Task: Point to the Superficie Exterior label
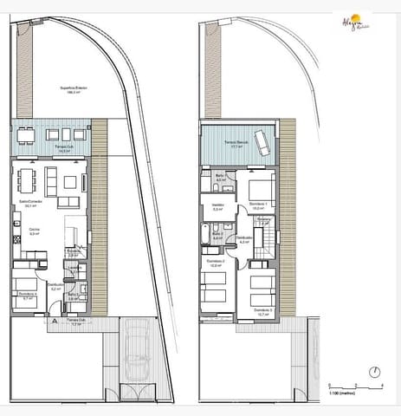(49, 89)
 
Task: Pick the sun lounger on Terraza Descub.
(262, 147)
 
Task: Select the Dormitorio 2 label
(217, 264)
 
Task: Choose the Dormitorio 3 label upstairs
(261, 311)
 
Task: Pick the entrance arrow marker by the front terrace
(54, 320)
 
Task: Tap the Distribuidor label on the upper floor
(245, 240)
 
